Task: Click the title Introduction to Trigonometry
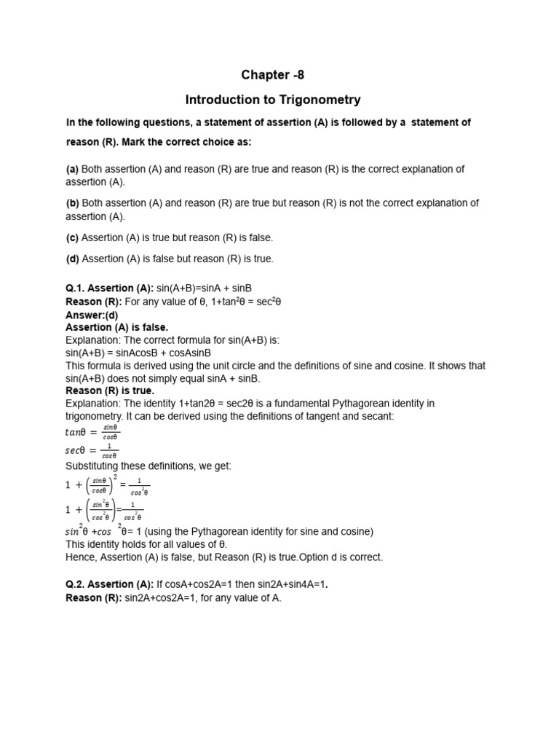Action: [273, 99]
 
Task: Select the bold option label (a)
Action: [72, 169]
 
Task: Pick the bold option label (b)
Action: [72, 203]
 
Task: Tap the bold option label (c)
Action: [72, 237]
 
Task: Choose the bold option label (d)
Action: [72, 259]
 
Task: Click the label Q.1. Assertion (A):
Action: [110, 288]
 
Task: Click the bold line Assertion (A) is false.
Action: [116, 328]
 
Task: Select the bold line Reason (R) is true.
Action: [110, 390]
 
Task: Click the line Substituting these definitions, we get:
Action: [148, 466]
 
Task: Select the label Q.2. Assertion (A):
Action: [110, 584]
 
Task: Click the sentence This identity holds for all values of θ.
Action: [146, 544]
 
